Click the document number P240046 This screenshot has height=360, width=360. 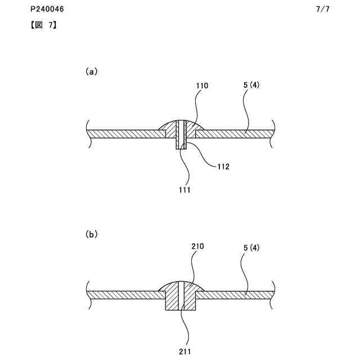click(x=48, y=10)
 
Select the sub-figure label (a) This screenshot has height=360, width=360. click(x=91, y=71)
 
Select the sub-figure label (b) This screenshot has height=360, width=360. click(x=91, y=234)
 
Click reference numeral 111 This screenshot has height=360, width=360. click(x=184, y=190)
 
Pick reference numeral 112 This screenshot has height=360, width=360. click(x=223, y=166)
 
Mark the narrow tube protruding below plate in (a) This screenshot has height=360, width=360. click(x=181, y=143)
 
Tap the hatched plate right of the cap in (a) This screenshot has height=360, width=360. click(x=236, y=134)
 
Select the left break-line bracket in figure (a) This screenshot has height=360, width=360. click(x=89, y=133)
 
